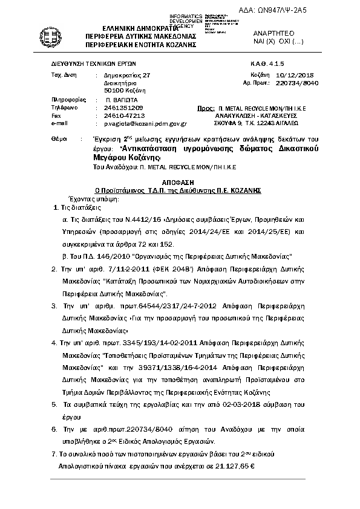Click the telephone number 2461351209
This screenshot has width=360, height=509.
[123, 106]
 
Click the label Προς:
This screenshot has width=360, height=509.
[206, 106]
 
